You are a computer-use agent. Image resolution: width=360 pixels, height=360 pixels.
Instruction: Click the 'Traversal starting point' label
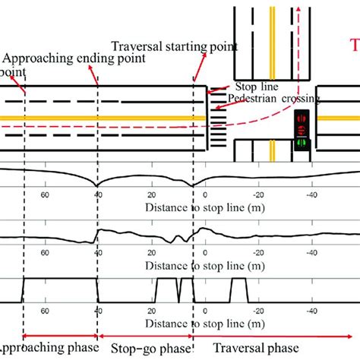tap(174, 46)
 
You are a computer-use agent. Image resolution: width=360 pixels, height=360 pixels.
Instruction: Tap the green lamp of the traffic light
tap(302, 142)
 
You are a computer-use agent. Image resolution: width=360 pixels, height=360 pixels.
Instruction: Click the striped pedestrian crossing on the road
tap(218, 121)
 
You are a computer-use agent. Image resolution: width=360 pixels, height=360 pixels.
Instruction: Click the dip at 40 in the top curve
tap(96, 186)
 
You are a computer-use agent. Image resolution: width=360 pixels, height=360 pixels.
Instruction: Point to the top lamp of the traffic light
tap(302, 118)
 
